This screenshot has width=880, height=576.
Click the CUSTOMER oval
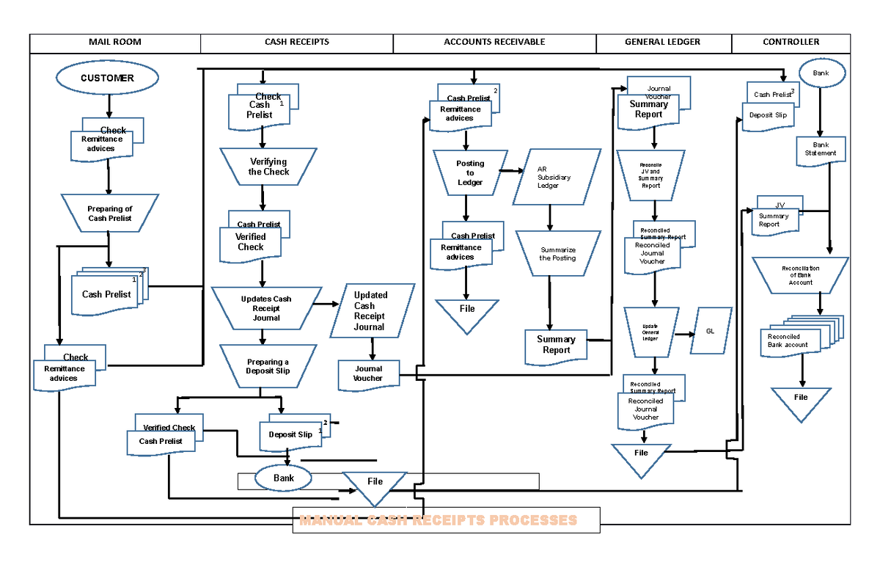pos(107,78)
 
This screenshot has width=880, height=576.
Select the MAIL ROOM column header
pos(115,43)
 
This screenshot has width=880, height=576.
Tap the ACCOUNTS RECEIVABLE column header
pos(494,43)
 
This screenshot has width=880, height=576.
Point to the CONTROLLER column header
pos(791,43)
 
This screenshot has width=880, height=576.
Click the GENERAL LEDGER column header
pos(662,43)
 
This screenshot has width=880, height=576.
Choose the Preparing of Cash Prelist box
pos(109,214)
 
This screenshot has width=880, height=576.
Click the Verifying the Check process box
pos(268,167)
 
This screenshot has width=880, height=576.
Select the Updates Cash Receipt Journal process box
pos(266,308)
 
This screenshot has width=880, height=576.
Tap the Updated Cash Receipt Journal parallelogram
pos(370,311)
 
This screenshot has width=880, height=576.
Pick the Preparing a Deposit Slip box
pos(268,366)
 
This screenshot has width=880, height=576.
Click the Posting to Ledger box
pos(469,173)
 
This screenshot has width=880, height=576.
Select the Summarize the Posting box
pos(557,254)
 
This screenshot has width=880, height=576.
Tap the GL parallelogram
pos(710,332)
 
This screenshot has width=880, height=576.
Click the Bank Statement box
pos(821,150)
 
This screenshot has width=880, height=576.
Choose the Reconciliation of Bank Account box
pos(800,275)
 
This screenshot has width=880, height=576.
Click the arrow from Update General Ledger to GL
pos(683,334)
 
